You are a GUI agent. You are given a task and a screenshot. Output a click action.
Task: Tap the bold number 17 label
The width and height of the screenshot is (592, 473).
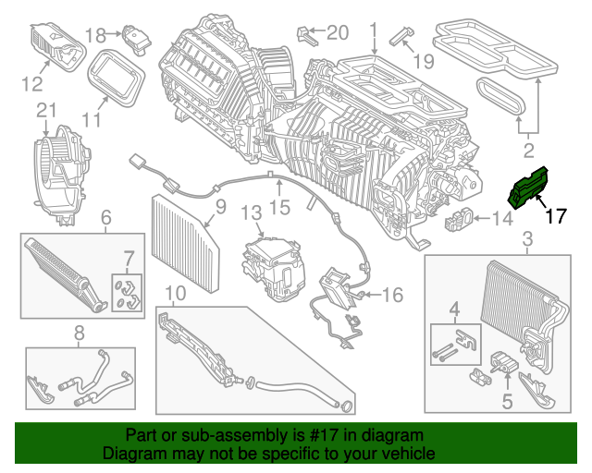tap(555, 217)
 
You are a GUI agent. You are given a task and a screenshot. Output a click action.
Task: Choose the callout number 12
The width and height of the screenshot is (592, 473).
tap(32, 84)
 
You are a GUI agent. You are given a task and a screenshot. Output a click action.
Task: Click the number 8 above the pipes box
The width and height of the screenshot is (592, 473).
tap(80, 332)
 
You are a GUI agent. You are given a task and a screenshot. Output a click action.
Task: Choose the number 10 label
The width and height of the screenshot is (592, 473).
tap(175, 294)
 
